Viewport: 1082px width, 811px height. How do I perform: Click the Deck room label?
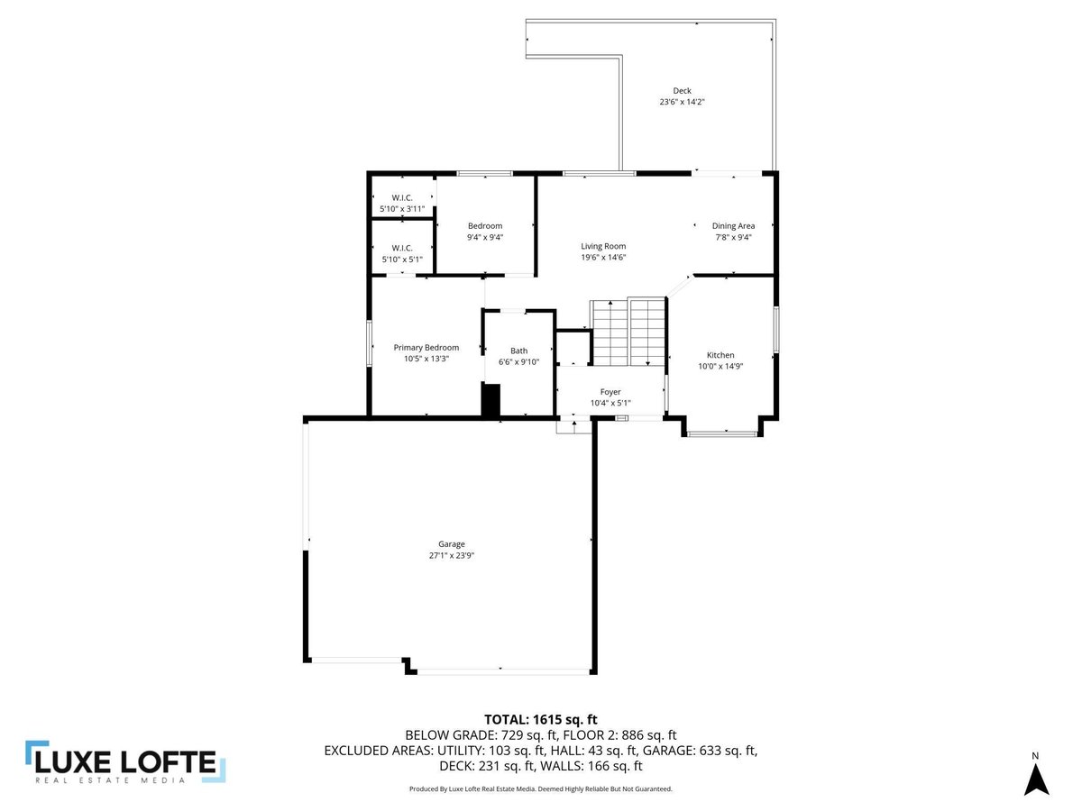pyautogui.click(x=682, y=91)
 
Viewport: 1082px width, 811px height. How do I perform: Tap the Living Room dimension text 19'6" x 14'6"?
pyautogui.click(x=603, y=257)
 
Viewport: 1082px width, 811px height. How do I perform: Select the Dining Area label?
pyautogui.click(x=733, y=226)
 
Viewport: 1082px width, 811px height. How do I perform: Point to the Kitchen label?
pyautogui.click(x=720, y=355)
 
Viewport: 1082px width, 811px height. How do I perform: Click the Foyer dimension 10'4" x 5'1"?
pyautogui.click(x=610, y=403)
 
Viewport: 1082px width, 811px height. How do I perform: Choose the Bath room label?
pyautogui.click(x=518, y=351)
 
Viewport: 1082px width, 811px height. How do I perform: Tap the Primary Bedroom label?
pyautogui.click(x=426, y=348)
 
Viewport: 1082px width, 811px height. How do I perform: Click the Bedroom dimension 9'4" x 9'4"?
pyautogui.click(x=485, y=237)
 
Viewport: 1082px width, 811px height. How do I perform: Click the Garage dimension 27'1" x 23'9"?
pyautogui.click(x=451, y=555)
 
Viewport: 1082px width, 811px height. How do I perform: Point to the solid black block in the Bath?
pyautogui.click(x=491, y=400)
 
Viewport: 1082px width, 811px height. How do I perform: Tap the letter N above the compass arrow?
pyautogui.click(x=1035, y=756)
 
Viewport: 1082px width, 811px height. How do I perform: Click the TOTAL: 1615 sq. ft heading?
pyautogui.click(x=541, y=720)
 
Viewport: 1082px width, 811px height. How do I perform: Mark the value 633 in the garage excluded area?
pyautogui.click(x=711, y=751)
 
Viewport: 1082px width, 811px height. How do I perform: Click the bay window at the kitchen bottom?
pyautogui.click(x=722, y=433)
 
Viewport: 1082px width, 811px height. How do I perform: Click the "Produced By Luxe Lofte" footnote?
pyautogui.click(x=541, y=788)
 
